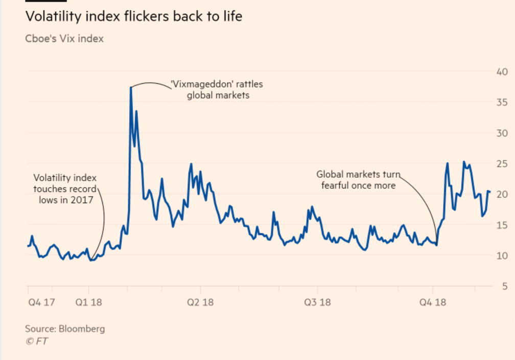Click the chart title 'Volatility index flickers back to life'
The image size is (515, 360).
[x=133, y=16]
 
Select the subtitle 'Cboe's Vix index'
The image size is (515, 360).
[x=64, y=39]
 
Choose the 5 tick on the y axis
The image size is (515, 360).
[x=503, y=286]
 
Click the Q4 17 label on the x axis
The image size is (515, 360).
[x=41, y=302]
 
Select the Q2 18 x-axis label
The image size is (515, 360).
[x=200, y=302]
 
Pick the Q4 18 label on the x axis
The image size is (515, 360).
[x=432, y=302]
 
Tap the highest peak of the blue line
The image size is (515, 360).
[x=131, y=87]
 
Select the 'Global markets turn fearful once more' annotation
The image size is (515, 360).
[x=358, y=180]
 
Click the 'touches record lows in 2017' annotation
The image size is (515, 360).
[x=65, y=189]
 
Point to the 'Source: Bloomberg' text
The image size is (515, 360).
[x=65, y=329]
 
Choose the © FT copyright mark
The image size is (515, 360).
[x=37, y=341]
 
